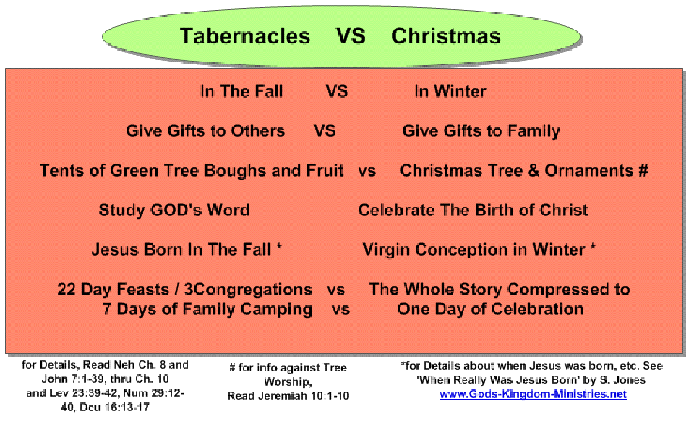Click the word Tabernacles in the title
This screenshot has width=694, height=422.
coord(245,36)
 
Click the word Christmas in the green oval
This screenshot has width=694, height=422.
coord(446,36)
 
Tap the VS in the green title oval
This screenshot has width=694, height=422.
coord(351,36)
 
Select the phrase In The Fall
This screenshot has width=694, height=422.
coord(241,91)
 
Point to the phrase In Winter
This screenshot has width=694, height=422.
coord(450,91)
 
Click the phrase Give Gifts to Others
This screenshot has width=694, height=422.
coord(205,131)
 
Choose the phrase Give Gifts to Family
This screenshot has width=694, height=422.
coord(481,131)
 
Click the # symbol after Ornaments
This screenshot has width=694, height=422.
coord(643,170)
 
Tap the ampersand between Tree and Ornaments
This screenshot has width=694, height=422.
coord(534,171)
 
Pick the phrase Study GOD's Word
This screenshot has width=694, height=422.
coord(174,210)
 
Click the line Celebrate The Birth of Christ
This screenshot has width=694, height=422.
coord(473,210)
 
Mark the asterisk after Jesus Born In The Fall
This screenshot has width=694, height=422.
coord(279,246)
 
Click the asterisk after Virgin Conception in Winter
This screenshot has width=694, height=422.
coord(593,246)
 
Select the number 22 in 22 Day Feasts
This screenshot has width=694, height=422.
coord(67,289)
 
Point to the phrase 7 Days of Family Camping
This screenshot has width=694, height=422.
coord(207,309)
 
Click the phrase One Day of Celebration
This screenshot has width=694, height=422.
coord(490,309)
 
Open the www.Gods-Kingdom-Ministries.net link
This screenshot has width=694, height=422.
coord(533,394)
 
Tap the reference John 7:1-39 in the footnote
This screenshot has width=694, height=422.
coord(74,379)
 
